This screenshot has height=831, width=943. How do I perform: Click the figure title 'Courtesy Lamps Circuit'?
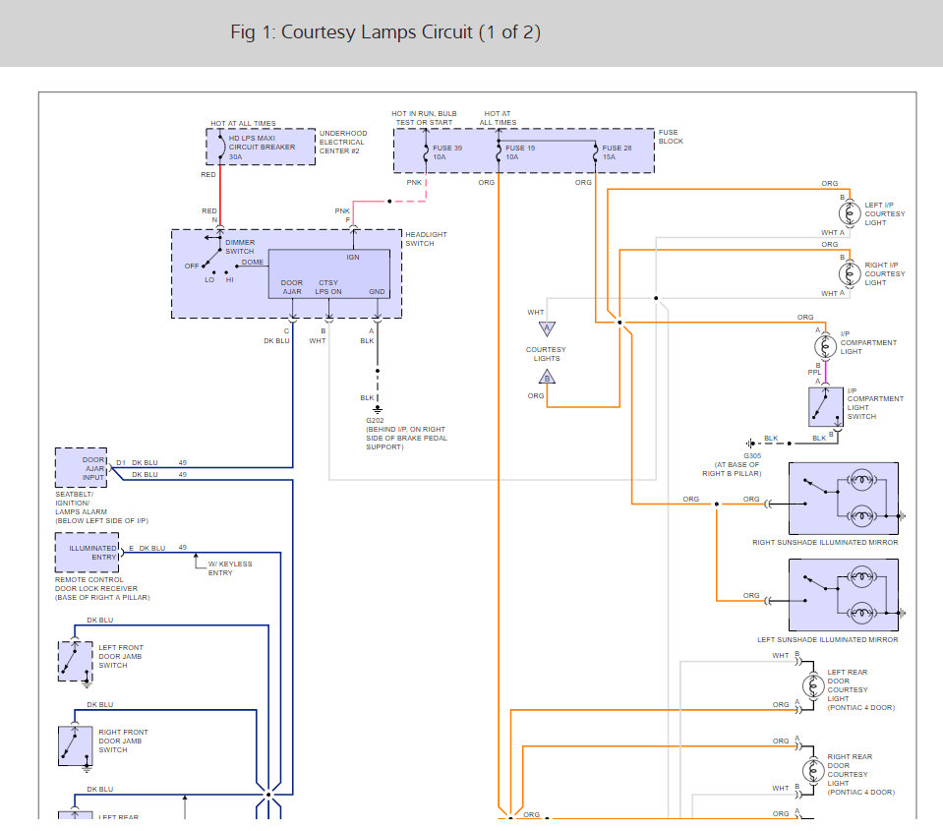pos(377,31)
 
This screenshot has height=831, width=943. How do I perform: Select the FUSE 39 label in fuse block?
pos(446,148)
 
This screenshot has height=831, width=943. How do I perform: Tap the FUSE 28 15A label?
pos(617,152)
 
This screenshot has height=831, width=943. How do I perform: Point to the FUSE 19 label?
pos(520,148)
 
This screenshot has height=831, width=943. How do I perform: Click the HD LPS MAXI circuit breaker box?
pos(261,147)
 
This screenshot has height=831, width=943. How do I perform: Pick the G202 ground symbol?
pos(377,409)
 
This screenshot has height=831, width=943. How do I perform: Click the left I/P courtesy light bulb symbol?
pos(850,213)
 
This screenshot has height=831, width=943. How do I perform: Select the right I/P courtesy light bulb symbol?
pos(850,273)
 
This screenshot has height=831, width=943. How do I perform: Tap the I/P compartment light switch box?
pos(826,407)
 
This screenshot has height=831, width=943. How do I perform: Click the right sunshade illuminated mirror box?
pos(843,499)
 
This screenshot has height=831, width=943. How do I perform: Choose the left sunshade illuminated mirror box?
pos(843,595)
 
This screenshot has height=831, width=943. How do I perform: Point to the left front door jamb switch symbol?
pos(75,662)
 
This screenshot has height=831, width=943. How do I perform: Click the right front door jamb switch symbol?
pos(75,745)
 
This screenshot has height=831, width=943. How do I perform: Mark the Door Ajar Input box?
pos(81,468)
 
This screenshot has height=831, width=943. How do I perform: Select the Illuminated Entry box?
pos(87,553)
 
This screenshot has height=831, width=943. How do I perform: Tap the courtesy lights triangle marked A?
pos(547,328)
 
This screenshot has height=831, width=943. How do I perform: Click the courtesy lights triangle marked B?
pos(547,377)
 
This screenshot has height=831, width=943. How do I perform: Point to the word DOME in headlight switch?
pos(253,263)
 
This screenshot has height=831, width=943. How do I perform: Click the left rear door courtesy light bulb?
pos(813,685)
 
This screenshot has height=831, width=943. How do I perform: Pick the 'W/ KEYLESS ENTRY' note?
pos(230,568)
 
